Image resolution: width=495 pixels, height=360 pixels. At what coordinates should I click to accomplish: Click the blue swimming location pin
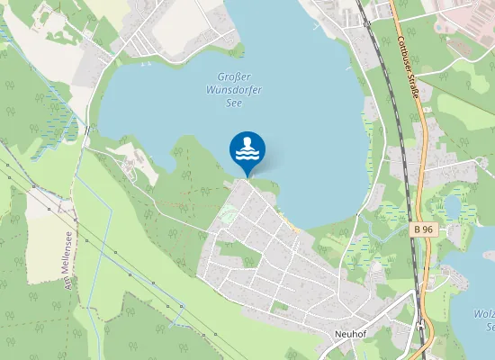pyautogui.click(x=247, y=150)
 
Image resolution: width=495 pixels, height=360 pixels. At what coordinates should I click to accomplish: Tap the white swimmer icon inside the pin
pyautogui.click(x=247, y=145)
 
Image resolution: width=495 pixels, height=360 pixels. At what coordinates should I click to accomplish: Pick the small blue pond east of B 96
pyautogui.click(x=451, y=208)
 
